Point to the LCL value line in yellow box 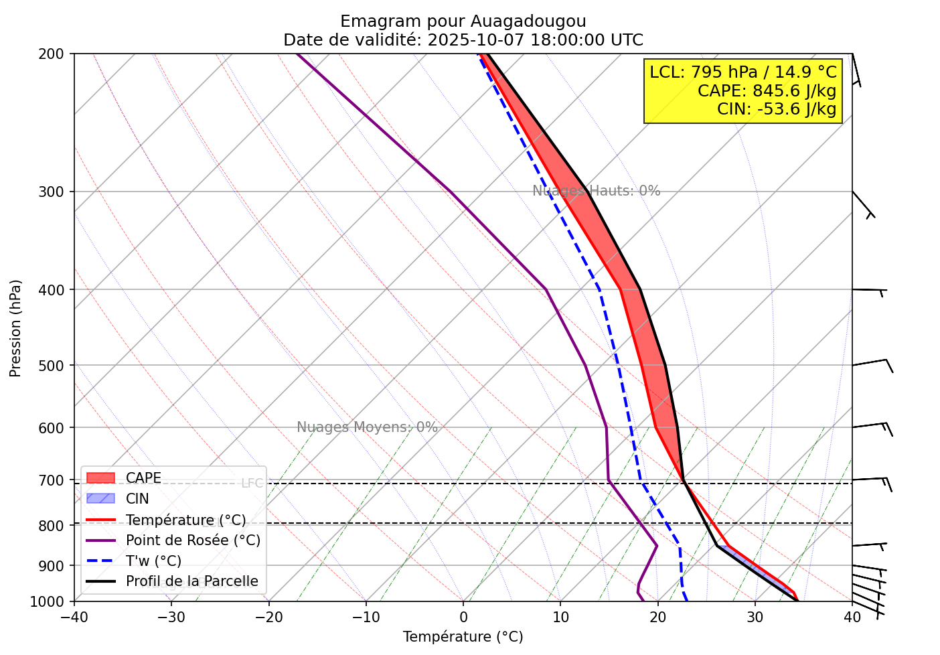743,72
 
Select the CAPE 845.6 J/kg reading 767,91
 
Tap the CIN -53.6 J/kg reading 777,108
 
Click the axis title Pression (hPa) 15,328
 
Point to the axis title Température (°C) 463,637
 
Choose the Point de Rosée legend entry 193,540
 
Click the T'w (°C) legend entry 153,561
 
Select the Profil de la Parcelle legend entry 191,581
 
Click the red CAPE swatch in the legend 101,478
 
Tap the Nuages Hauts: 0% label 596,191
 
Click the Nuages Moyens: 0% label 367,427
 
